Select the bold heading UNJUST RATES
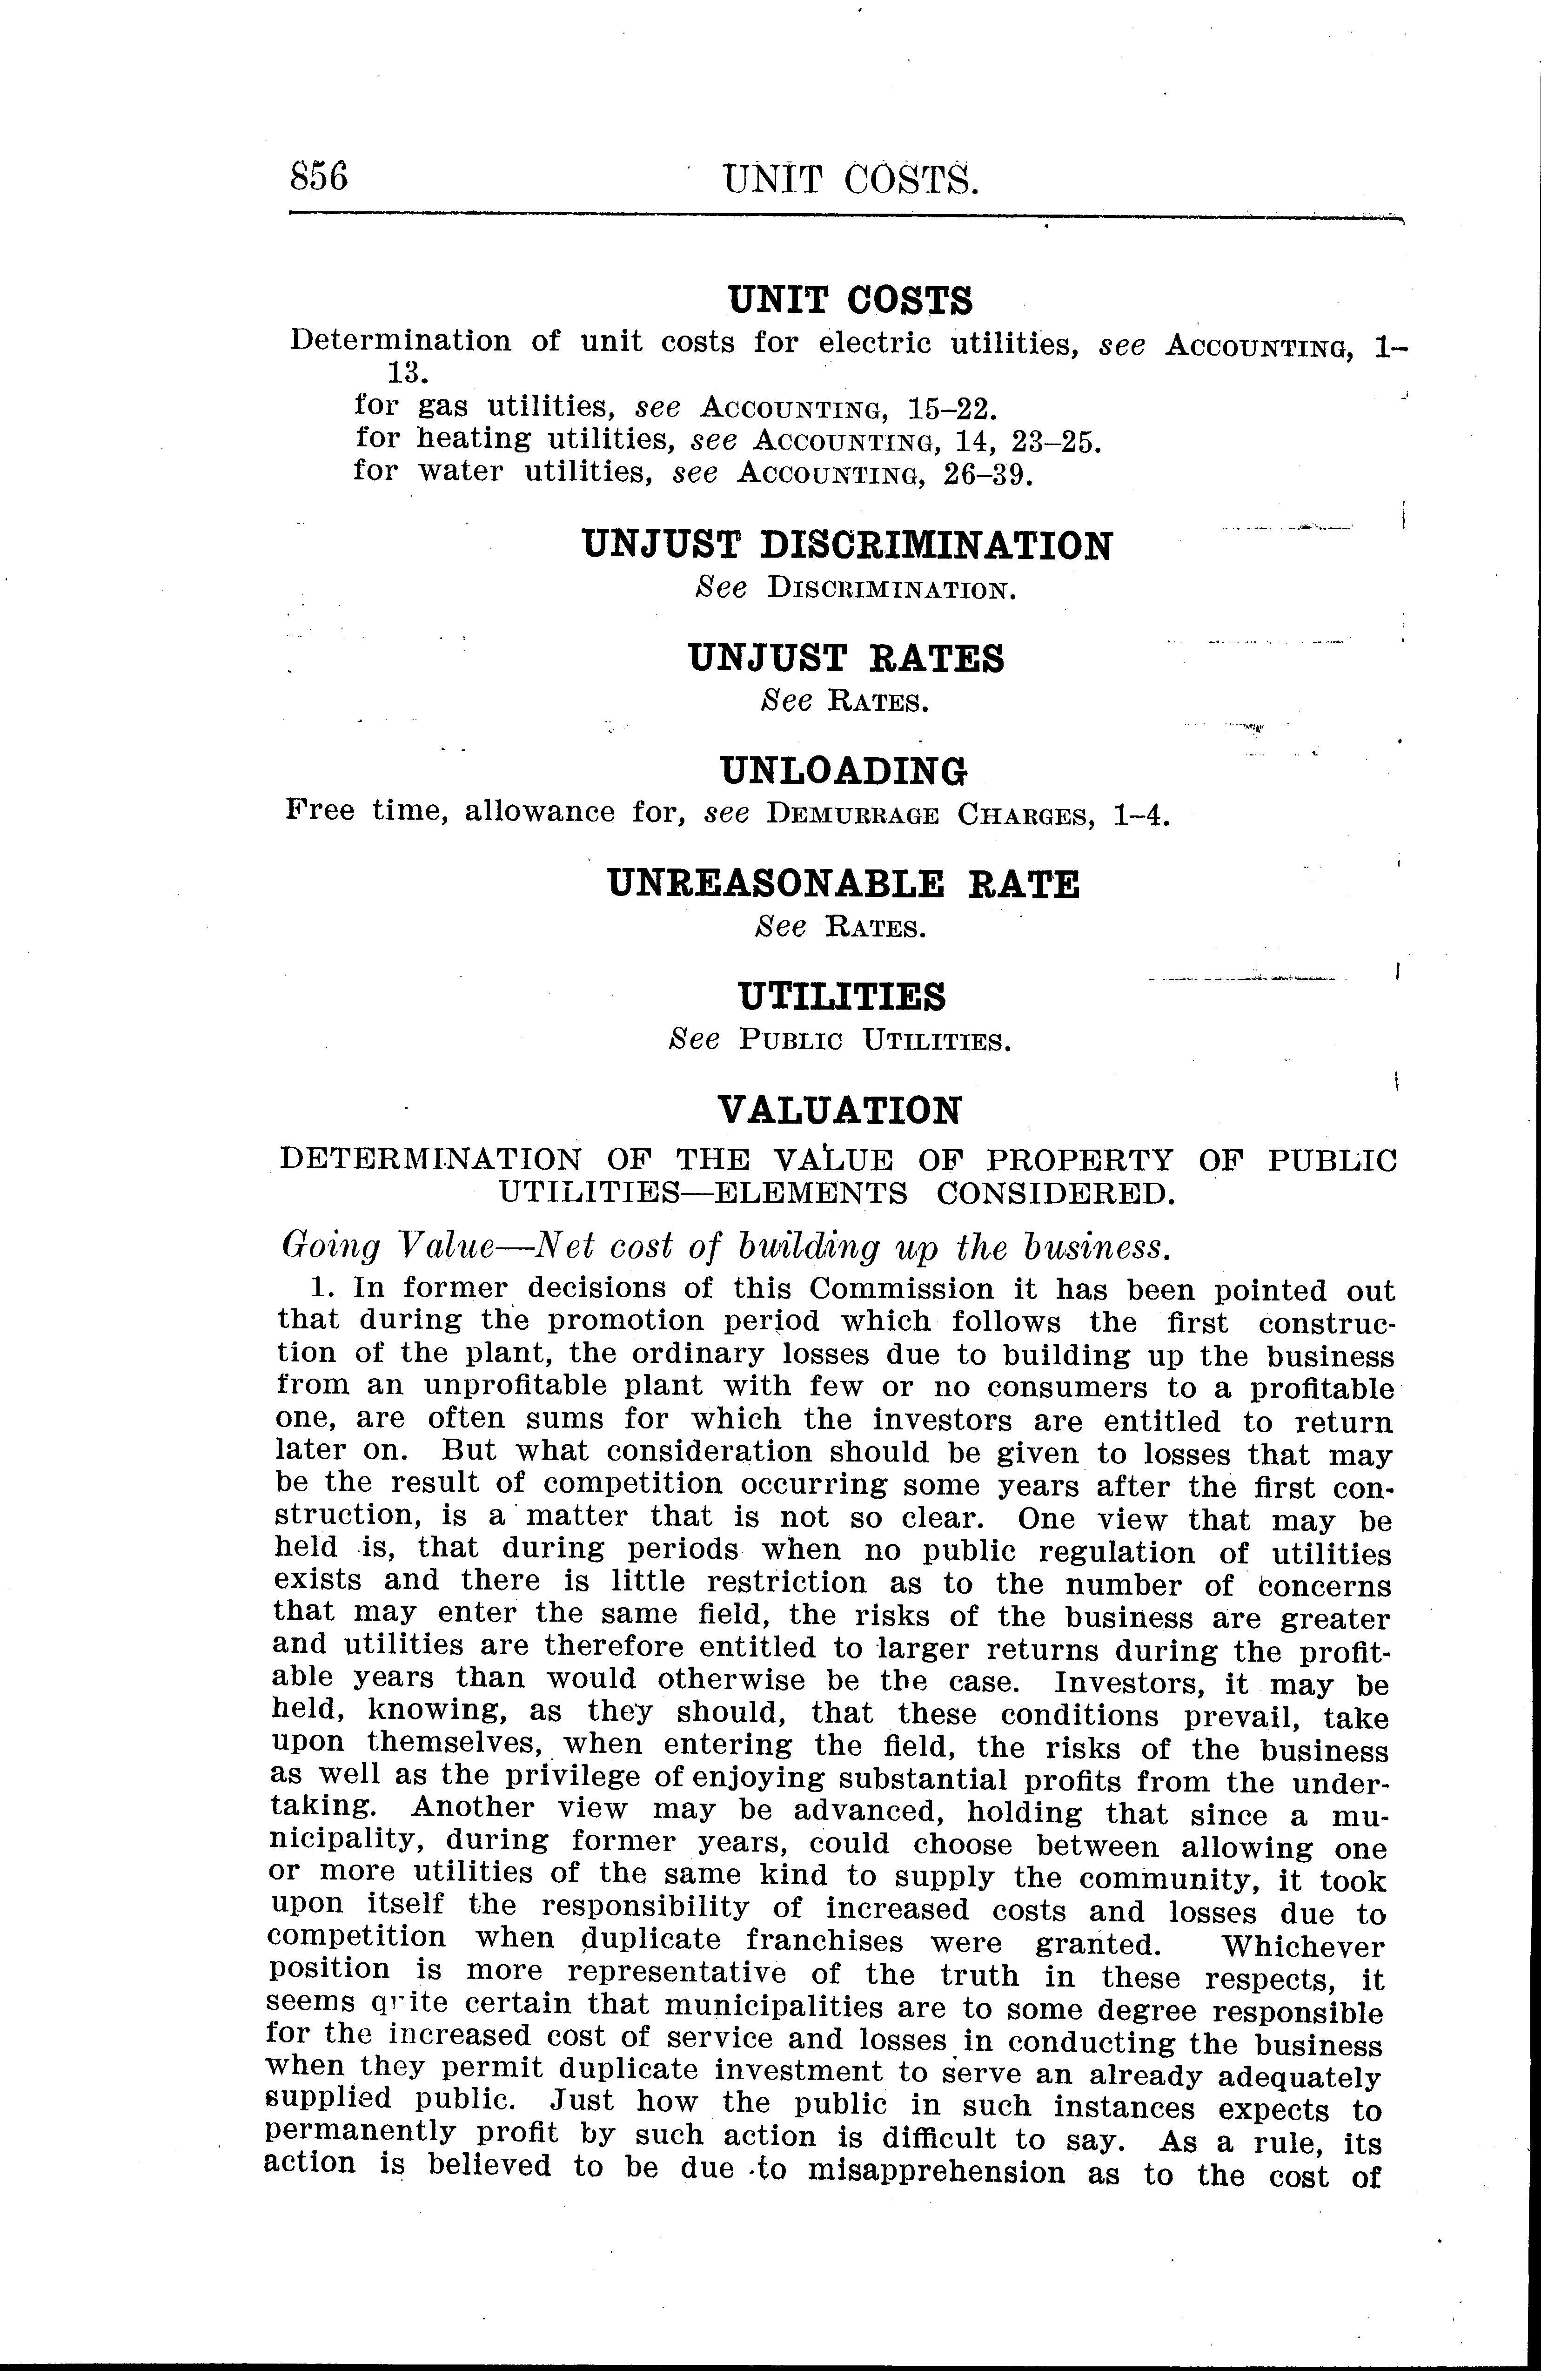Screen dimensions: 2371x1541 pyautogui.click(x=846, y=659)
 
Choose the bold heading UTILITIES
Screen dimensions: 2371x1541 pyautogui.click(x=842, y=996)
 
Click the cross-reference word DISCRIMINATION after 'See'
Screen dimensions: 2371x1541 pyautogui.click(x=891, y=589)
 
